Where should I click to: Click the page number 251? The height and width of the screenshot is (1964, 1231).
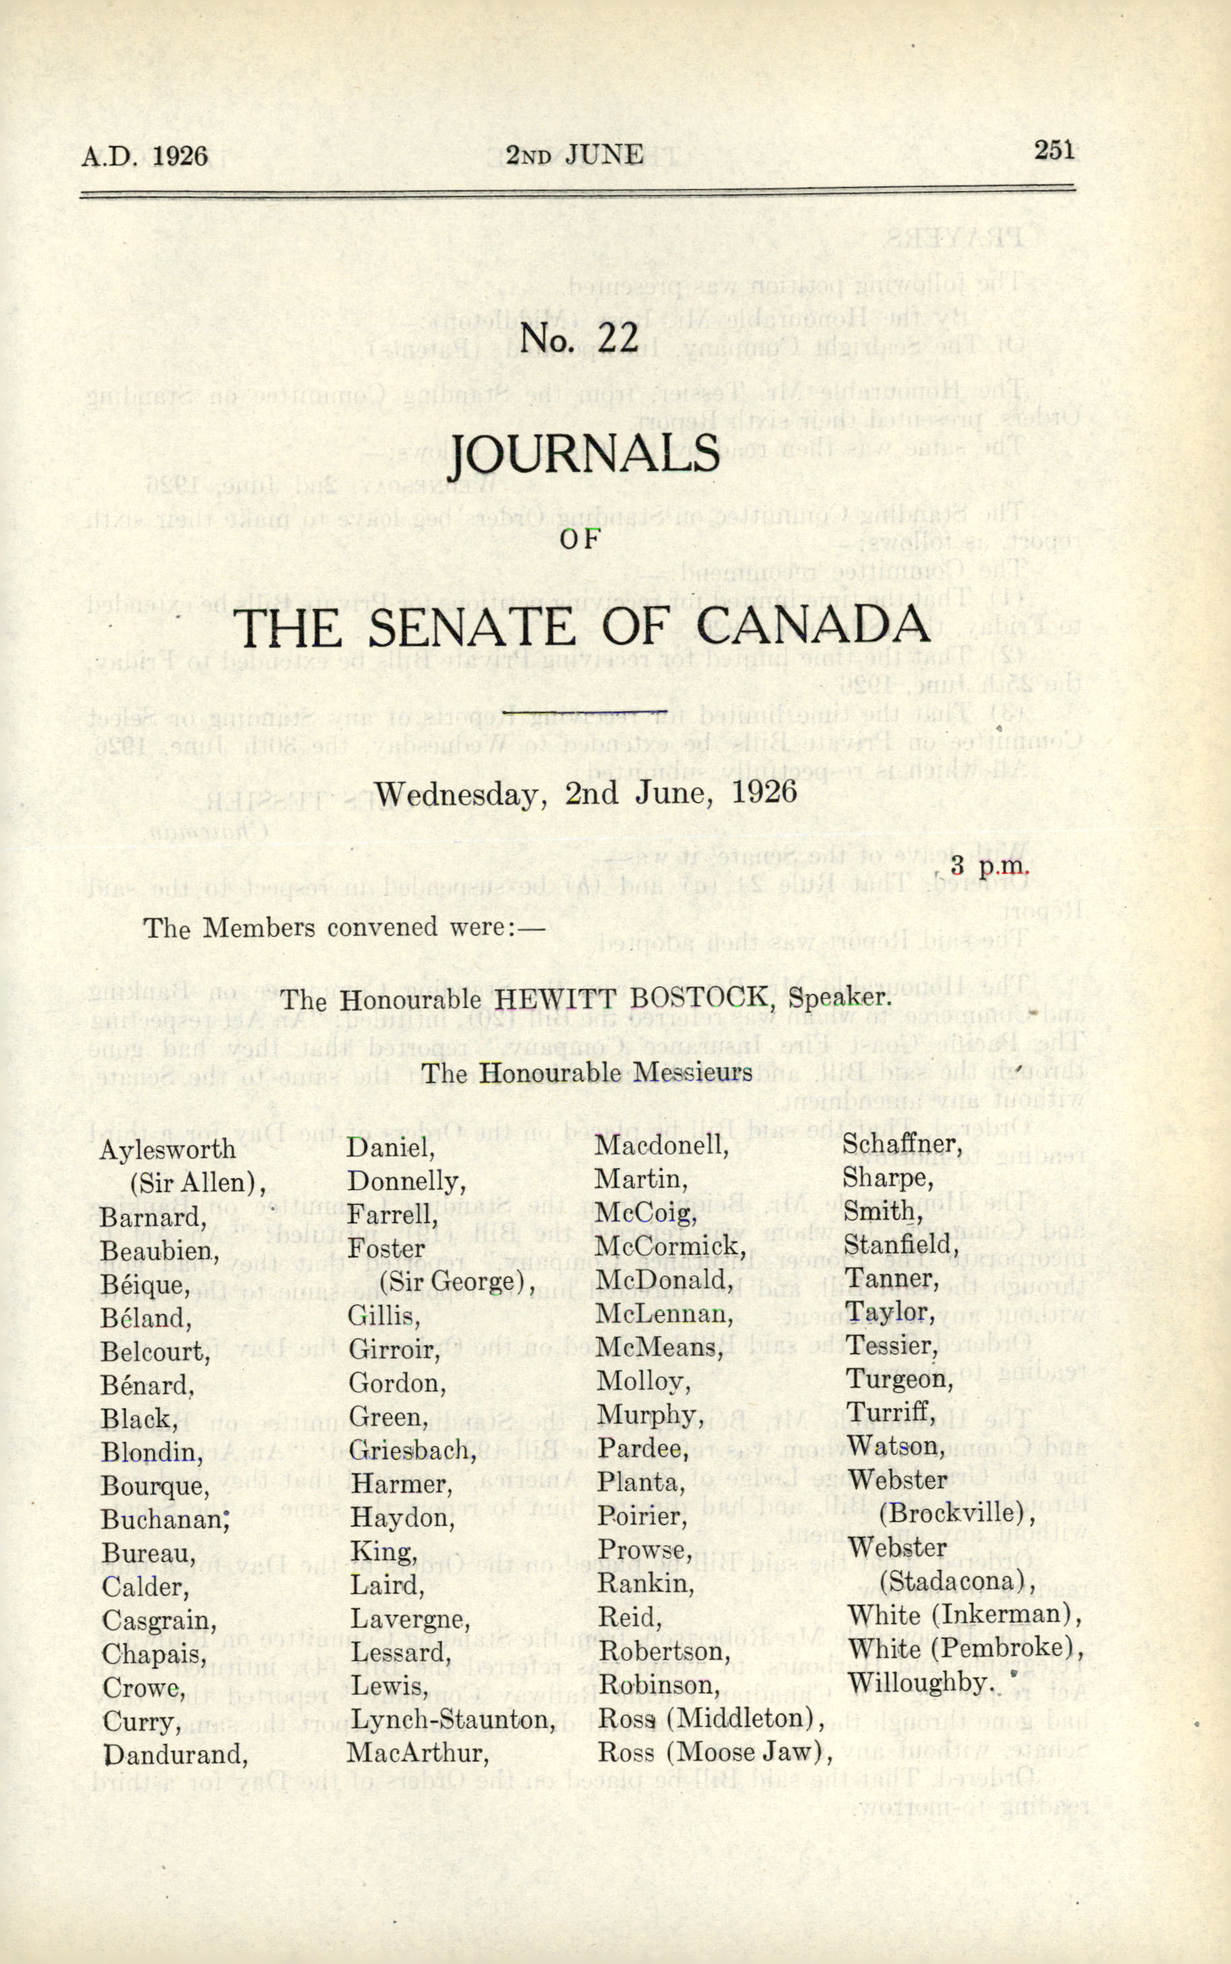[x=1055, y=151]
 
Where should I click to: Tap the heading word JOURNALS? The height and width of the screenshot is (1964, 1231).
[x=585, y=456]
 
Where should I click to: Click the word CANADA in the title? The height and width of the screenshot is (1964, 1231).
[x=812, y=626]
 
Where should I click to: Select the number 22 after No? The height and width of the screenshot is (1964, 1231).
[x=618, y=338]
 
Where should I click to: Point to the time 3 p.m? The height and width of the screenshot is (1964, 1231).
[x=989, y=865]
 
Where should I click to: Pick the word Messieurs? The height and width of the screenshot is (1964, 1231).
[x=693, y=1072]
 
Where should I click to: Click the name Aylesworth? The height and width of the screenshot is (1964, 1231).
[x=167, y=1149]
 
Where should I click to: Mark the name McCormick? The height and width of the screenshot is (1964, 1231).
[x=671, y=1246]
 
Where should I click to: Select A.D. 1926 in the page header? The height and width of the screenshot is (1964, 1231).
[x=144, y=155]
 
